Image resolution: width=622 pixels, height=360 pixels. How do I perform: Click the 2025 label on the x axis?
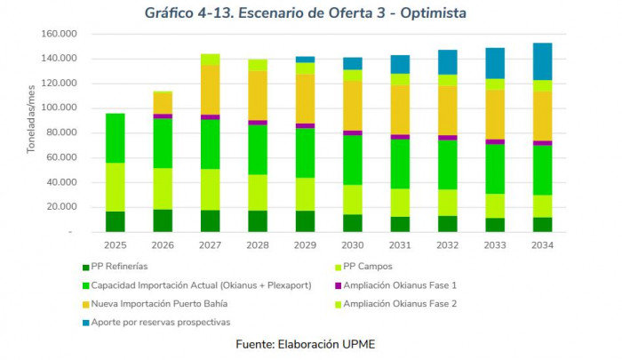tap(116, 244)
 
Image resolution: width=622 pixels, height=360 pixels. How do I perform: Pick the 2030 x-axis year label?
tap(353, 244)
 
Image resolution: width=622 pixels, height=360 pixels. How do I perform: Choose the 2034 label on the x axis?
tap(543, 244)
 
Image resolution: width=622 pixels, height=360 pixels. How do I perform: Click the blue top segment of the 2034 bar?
tap(543, 61)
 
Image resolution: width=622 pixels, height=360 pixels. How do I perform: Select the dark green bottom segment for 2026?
tap(163, 220)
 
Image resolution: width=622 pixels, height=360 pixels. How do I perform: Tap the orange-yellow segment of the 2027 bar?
tap(211, 90)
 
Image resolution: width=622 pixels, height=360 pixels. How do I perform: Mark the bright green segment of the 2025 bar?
tap(116, 138)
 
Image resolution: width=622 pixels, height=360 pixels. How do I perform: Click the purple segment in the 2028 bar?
tap(258, 123)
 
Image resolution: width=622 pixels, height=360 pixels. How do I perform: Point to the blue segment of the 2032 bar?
tap(448, 62)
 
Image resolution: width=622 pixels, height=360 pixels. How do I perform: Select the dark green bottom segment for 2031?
tap(401, 224)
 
